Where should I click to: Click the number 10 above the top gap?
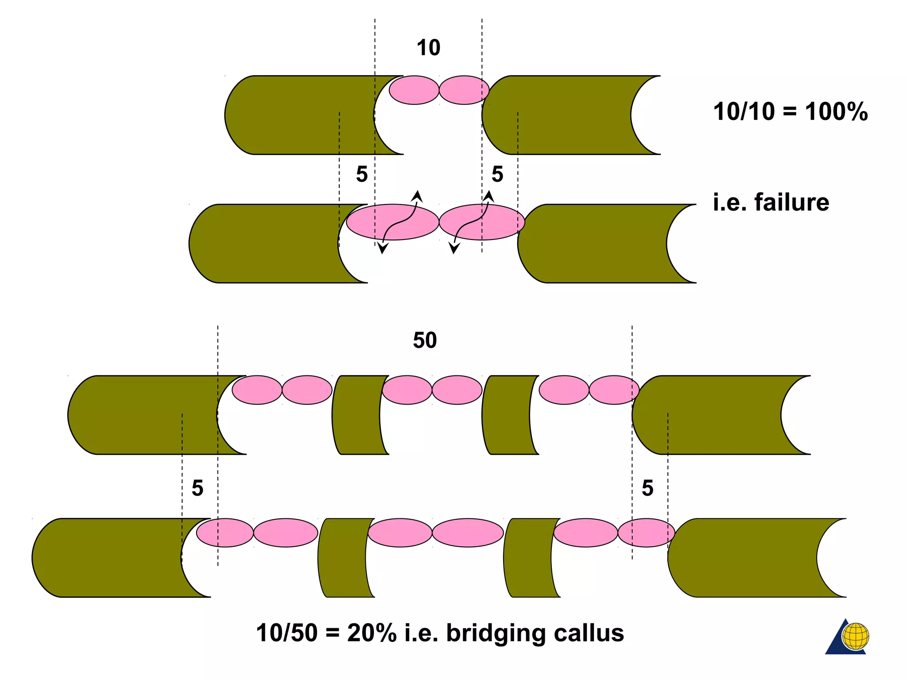[x=428, y=48]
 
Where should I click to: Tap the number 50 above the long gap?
[x=425, y=340]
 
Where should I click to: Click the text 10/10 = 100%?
[x=790, y=112]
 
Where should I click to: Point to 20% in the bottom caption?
[x=372, y=633]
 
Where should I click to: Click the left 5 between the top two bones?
[x=362, y=174]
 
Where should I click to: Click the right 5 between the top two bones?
[x=497, y=174]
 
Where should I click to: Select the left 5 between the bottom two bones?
[x=198, y=488]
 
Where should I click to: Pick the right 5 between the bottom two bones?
[x=647, y=488]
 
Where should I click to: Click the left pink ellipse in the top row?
[x=414, y=90]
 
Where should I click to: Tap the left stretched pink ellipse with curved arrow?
[x=392, y=222]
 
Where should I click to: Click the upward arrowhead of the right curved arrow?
[x=488, y=196]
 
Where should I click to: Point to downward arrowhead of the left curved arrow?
[x=382, y=249]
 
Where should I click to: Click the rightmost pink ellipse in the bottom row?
[x=646, y=533]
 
